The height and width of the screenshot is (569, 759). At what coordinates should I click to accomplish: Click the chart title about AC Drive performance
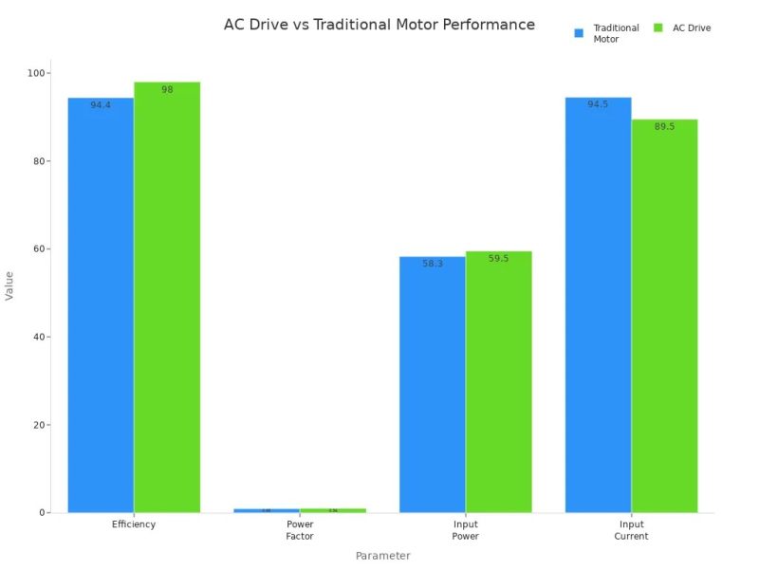pos(379,25)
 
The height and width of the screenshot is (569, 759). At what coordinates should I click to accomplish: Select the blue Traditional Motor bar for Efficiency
pos(101,303)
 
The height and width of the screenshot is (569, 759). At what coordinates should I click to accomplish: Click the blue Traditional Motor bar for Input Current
pos(598,303)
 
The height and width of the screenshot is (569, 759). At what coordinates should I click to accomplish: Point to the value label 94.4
pos(101,105)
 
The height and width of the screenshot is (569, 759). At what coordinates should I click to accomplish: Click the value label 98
pos(167,89)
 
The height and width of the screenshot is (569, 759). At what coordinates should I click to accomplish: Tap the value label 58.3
pos(433,264)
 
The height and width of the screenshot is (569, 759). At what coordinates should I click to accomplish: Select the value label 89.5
pos(664,126)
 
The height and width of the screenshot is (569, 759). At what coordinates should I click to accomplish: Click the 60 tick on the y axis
pos(42,249)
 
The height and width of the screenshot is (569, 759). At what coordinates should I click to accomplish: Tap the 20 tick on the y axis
pos(42,425)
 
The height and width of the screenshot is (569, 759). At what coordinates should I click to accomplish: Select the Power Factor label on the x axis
pos(300,530)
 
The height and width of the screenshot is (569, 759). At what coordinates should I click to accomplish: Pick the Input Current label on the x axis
pos(631,530)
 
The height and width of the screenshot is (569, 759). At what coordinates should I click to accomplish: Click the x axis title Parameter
pos(382,556)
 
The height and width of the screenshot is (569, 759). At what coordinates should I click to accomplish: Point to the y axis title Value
pos(10,285)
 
